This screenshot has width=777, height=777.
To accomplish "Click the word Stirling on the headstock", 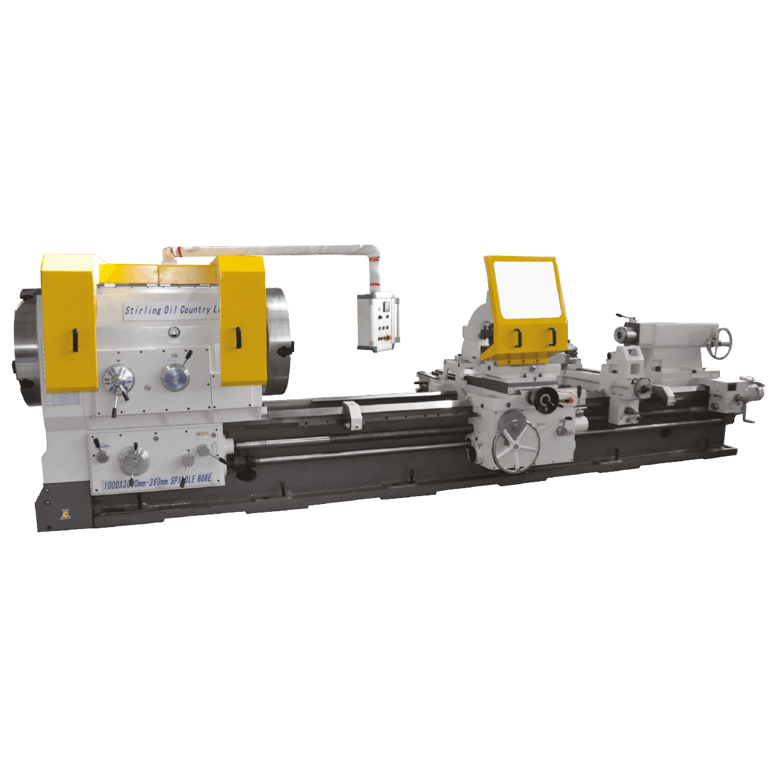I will [142, 310].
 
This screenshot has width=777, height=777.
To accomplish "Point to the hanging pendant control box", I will [378, 322].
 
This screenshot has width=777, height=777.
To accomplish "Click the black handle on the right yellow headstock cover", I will [238, 336].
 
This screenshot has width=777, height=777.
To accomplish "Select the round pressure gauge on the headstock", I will [172, 332].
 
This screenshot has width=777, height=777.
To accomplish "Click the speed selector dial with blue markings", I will [119, 381].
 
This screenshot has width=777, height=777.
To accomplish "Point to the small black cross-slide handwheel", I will [545, 398].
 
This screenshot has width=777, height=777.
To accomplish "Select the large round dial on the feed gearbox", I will [133, 459].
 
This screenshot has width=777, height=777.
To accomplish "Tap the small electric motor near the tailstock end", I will [751, 389].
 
